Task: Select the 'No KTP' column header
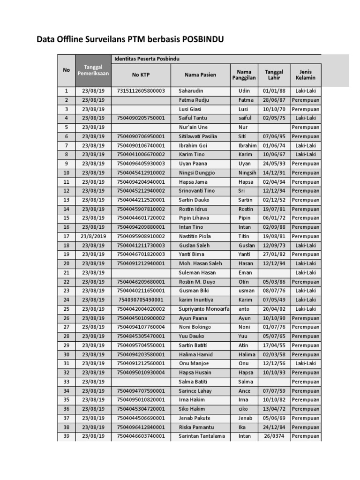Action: pos(141,75)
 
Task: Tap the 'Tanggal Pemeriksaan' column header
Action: pos(93,70)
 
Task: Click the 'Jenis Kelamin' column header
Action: pos(305,75)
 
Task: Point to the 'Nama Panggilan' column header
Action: pos(244,75)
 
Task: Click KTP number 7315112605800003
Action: pos(141,90)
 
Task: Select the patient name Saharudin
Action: pos(191,90)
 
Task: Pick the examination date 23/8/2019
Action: pos(93,236)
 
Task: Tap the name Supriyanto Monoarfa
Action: pos(204,309)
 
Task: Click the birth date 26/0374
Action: pos(274,436)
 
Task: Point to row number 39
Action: pos(66,436)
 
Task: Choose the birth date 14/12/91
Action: pos(274,172)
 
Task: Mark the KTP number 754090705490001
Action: pos(141,300)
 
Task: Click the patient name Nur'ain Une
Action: pos(193,127)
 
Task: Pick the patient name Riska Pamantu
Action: pos(196,427)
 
